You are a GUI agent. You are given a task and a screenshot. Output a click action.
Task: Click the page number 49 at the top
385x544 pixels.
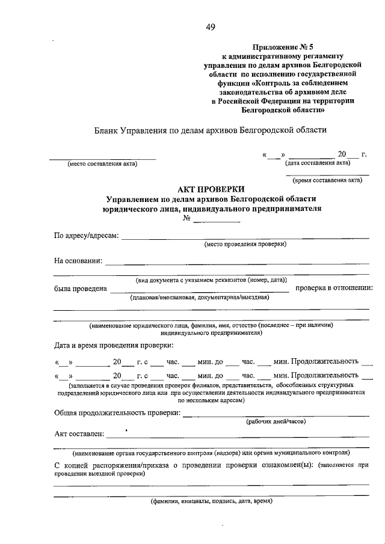[x=211, y=26]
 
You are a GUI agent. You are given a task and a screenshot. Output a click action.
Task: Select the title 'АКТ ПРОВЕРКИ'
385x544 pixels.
[x=211, y=189]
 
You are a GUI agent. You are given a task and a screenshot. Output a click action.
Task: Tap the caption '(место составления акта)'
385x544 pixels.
[x=102, y=164]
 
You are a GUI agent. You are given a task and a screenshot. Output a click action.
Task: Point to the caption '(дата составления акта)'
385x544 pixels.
[x=318, y=163]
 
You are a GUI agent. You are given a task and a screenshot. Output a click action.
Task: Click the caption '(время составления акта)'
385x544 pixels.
[x=327, y=179]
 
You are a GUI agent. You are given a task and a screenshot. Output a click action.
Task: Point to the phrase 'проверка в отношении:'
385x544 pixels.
[x=333, y=289]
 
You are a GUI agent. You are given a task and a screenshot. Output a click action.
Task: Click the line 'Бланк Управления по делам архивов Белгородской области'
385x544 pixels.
[x=211, y=130]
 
